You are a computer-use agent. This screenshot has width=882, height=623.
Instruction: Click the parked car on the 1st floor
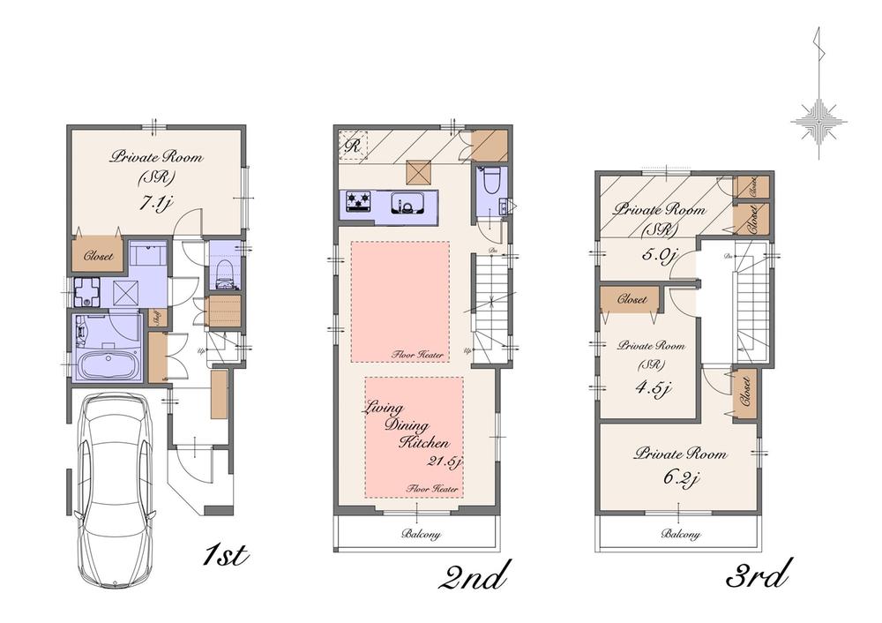click(113, 489)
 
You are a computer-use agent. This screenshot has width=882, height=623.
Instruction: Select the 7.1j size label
click(155, 203)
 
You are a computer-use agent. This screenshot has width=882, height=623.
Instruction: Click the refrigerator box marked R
click(350, 145)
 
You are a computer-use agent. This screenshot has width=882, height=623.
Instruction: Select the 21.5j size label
click(441, 462)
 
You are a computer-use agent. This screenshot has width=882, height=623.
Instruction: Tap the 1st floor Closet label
click(97, 259)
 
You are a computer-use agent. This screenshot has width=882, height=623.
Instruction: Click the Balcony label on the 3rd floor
click(680, 534)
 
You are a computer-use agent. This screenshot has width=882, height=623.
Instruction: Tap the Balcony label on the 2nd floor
click(421, 534)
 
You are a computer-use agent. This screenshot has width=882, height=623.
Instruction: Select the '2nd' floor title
click(475, 578)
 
